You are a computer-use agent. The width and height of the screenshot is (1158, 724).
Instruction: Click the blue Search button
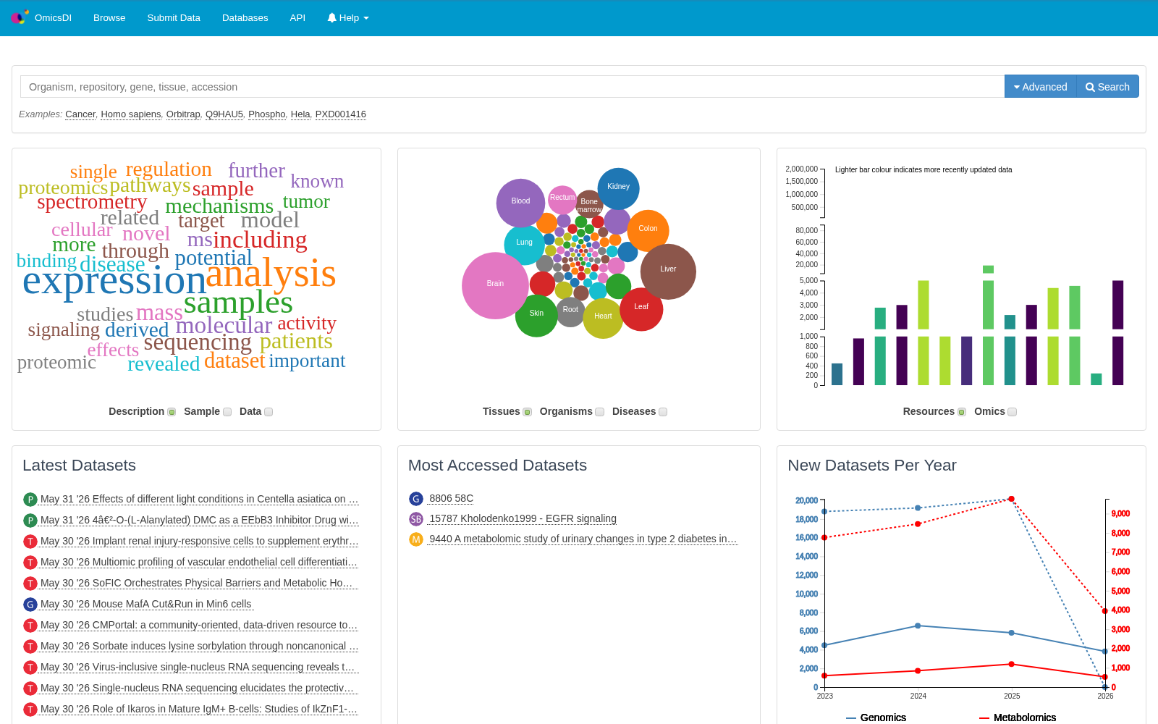(x=1107, y=87)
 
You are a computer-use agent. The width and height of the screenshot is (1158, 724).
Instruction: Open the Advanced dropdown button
(x=1040, y=87)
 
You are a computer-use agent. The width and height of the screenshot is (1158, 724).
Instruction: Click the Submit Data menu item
(x=174, y=17)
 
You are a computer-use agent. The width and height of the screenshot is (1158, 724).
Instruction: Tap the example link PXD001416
(x=341, y=114)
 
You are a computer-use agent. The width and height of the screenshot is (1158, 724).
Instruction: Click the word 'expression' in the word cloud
(x=114, y=281)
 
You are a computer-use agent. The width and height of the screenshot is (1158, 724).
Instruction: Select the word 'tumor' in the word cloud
(x=306, y=202)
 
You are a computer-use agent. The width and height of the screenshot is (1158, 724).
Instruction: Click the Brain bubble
(x=495, y=285)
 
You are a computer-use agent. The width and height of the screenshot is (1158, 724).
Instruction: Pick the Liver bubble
(x=668, y=271)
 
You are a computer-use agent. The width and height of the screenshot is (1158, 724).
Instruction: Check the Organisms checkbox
(x=600, y=412)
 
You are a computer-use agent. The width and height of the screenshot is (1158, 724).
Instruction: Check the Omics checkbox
(x=1013, y=412)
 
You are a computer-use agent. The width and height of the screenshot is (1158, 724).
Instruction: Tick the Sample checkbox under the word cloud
(x=227, y=412)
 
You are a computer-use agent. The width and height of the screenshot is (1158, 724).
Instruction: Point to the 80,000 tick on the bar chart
(x=806, y=230)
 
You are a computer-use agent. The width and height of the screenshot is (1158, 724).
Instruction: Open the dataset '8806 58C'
(x=452, y=499)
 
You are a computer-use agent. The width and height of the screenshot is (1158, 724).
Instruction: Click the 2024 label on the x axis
(x=918, y=696)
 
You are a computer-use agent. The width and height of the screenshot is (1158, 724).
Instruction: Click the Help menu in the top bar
(x=348, y=17)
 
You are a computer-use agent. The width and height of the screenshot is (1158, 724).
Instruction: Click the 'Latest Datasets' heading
(x=79, y=466)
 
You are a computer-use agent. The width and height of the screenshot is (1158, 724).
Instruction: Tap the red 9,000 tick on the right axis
(x=1120, y=513)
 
